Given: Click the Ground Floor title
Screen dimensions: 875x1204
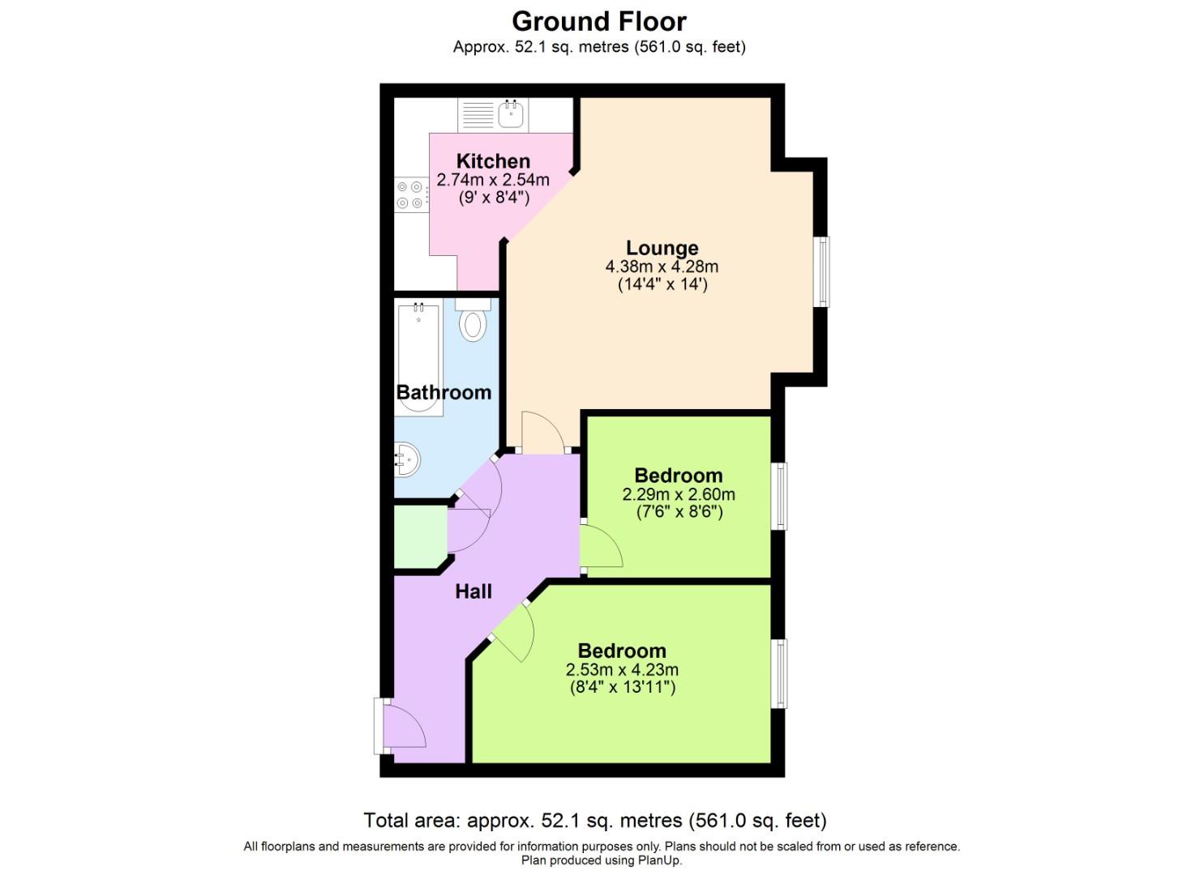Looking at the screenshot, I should click(598, 21).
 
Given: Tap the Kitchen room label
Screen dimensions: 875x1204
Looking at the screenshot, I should click(493, 161).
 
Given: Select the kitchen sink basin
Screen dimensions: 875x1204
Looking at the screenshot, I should click(511, 114).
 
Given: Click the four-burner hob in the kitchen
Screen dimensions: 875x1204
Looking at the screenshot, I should click(411, 194).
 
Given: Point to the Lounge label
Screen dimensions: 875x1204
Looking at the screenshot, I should click(662, 248).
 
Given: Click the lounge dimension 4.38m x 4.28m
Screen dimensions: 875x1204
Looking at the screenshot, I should click(662, 267).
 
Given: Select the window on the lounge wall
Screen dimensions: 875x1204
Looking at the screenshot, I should click(822, 271).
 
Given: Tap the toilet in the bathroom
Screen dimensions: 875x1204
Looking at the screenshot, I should click(473, 322).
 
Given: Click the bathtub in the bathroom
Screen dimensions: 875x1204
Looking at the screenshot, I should click(418, 356).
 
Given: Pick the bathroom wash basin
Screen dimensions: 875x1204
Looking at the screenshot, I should click(408, 461).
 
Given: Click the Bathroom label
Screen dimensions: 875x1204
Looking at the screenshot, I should click(443, 392).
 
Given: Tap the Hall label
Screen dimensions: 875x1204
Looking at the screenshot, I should click(473, 591).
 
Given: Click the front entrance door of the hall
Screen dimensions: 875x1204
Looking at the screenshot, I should click(402, 726).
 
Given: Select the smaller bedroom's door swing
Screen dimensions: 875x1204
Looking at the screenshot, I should click(600, 548).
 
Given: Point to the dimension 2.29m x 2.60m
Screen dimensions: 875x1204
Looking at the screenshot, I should click(679, 494).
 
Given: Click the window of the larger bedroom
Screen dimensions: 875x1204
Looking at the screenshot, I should click(779, 673).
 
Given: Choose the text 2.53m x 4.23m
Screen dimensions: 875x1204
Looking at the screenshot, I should click(622, 670).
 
